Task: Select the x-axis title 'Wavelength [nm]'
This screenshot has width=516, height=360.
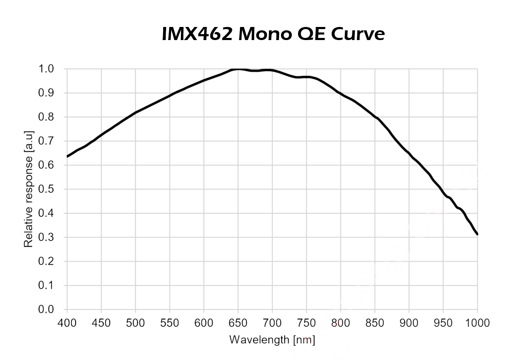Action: coord(272,339)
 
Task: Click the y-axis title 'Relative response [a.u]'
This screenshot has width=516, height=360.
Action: coord(28,189)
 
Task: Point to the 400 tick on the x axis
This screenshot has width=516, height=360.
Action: coord(67,323)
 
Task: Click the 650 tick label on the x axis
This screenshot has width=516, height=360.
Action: coord(238,323)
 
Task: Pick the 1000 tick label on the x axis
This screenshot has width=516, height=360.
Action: coord(477,323)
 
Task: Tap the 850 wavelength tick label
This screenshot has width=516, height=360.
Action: coord(375,323)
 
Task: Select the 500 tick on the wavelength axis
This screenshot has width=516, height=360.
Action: coord(135,323)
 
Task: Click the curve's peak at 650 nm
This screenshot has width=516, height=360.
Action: coord(238,69)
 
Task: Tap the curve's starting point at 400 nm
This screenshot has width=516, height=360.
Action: coord(67,157)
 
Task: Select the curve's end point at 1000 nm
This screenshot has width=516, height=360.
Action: coord(477,234)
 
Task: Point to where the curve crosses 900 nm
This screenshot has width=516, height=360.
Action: coord(409,153)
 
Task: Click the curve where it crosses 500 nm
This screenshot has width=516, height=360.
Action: coord(136,113)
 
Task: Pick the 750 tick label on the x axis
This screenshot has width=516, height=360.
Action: coord(306,323)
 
